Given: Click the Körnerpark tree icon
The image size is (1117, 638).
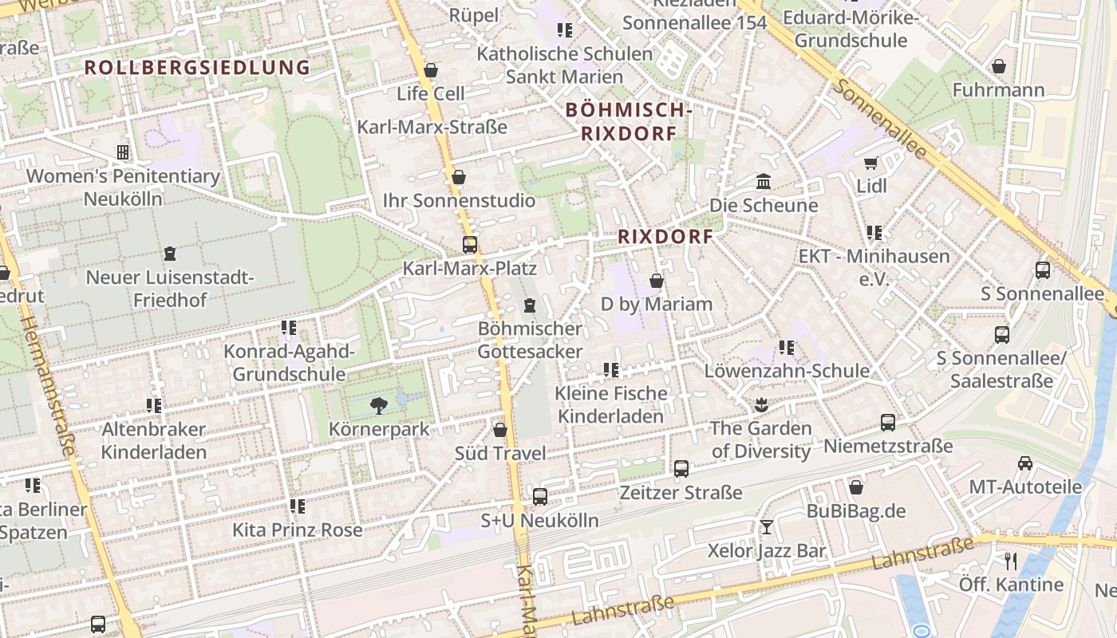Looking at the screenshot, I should tap(379, 405).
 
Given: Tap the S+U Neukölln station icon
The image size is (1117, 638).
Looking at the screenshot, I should tap(540, 497).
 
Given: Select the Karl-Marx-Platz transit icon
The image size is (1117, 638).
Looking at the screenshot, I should tap(470, 244).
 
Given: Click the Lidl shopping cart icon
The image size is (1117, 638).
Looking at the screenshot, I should tap(871, 163).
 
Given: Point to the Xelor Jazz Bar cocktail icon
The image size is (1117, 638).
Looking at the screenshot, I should tap(767, 527).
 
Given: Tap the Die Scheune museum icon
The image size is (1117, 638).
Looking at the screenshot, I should tap(764, 181).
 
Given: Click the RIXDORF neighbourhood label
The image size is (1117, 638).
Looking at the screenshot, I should tap(665, 237).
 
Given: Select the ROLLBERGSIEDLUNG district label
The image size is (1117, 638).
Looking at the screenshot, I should tap(197, 68).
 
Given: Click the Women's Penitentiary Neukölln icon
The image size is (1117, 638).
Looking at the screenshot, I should tap(123, 152).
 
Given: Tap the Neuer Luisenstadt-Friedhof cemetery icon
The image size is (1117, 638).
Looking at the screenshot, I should tap(169, 254).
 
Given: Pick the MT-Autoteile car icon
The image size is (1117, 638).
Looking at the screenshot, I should tap(1025, 463).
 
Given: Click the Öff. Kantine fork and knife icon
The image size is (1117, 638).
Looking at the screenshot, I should tap(1011, 561).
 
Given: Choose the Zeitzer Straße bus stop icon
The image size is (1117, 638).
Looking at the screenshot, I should tap(681, 469).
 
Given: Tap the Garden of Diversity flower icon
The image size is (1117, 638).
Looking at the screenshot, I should tap(760, 404).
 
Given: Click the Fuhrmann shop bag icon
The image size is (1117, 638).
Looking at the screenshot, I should tap(998, 66).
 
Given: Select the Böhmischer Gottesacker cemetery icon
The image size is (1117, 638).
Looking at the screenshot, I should tap(529, 305).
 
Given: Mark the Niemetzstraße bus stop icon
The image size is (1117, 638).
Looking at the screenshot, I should tap(888, 422).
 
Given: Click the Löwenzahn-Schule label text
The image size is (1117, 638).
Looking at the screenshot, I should tap(787, 371).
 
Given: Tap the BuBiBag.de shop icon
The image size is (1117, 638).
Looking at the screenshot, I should tap(856, 486).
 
